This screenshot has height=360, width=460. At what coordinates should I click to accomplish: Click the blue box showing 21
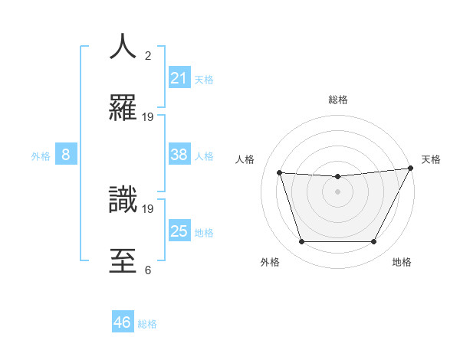[x=179, y=77]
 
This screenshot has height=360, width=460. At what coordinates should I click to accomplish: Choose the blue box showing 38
[x=179, y=155]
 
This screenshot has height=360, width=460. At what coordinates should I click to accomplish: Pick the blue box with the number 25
[x=179, y=231]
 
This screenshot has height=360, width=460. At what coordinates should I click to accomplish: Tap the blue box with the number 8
[x=66, y=155]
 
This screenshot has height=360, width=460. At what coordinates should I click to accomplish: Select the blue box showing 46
[x=123, y=322]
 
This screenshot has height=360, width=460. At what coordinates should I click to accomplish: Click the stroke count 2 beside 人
[x=148, y=55]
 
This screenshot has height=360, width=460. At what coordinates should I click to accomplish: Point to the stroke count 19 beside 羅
[x=148, y=117]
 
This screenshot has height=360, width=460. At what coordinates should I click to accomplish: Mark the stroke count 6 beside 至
[x=148, y=270]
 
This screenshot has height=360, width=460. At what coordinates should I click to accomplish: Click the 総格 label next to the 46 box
[x=147, y=324]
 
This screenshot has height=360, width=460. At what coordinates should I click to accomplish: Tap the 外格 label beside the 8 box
[x=41, y=156]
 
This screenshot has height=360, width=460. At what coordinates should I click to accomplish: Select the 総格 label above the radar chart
[x=337, y=100]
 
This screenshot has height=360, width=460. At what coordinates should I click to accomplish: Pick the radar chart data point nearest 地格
[x=374, y=242]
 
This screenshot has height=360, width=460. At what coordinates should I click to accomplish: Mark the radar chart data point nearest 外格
[x=301, y=242]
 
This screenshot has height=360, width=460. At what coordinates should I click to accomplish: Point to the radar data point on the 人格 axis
[x=279, y=173]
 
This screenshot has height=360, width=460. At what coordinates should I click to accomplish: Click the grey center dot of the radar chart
[x=337, y=192]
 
